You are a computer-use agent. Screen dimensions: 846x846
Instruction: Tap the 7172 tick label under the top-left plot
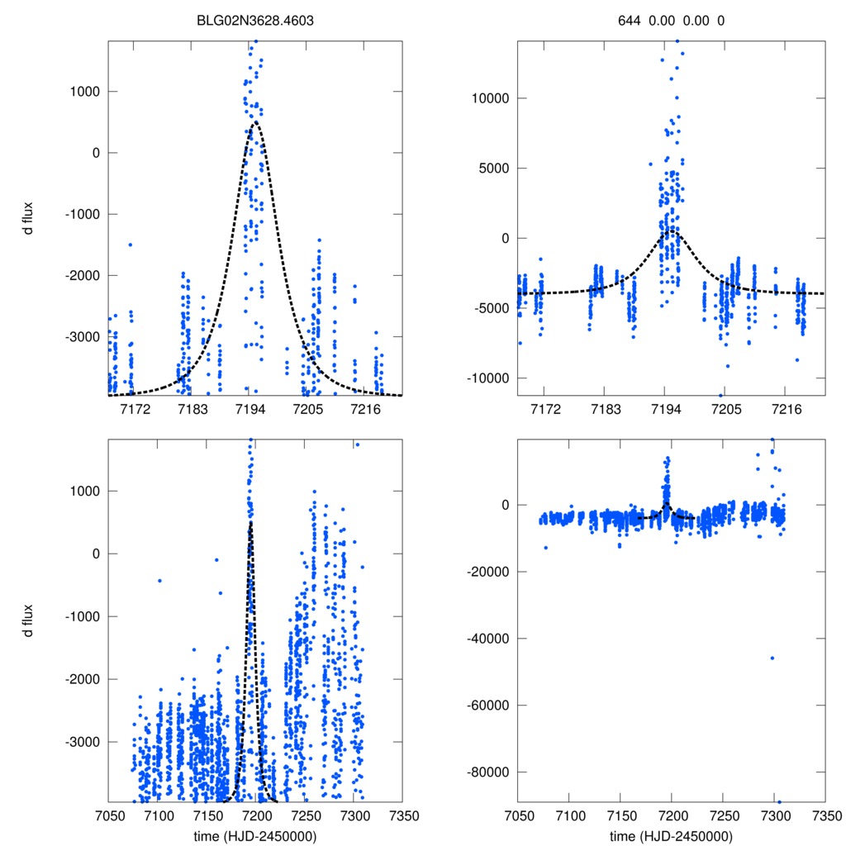[x=135, y=410]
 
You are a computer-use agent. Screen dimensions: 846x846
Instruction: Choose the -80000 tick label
[x=489, y=772]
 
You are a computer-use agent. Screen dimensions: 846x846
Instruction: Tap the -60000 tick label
[x=489, y=705]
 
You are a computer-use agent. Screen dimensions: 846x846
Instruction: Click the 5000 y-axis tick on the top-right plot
[x=494, y=169]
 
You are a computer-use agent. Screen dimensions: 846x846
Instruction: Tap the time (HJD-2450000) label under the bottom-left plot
[x=254, y=835]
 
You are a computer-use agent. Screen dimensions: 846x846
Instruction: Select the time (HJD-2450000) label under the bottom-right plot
[x=671, y=835]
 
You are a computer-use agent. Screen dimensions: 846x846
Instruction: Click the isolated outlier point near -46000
[x=772, y=658]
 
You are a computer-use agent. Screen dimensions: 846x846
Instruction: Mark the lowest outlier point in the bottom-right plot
[x=779, y=801]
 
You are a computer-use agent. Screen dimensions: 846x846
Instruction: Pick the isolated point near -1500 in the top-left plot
[x=130, y=245]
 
